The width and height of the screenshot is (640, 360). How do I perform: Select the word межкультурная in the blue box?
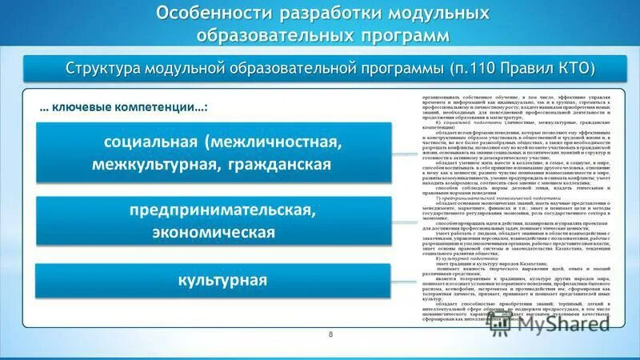coord(151,165)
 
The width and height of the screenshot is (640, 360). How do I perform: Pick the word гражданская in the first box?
coord(274,165)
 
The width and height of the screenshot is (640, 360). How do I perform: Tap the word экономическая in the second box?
coord(214,232)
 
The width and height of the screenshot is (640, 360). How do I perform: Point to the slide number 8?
coord(330,333)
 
